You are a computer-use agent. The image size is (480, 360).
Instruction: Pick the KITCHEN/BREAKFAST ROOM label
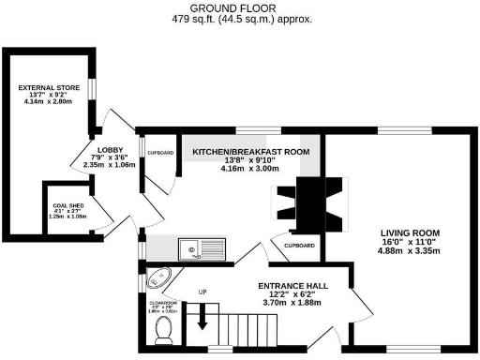coord(250,151)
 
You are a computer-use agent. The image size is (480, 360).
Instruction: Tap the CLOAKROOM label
coord(162,302)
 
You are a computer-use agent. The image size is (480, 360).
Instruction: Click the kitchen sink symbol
coord(202,249)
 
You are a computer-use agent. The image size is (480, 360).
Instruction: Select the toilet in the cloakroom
coord(163,329)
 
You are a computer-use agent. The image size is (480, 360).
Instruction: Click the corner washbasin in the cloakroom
coord(160,279)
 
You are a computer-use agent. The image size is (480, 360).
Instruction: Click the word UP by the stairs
coord(202,292)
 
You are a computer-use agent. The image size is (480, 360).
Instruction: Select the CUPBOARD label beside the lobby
coord(159,151)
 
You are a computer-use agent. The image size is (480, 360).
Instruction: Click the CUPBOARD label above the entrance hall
coord(298,245)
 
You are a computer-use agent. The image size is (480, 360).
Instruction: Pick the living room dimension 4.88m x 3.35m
coord(410,251)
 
